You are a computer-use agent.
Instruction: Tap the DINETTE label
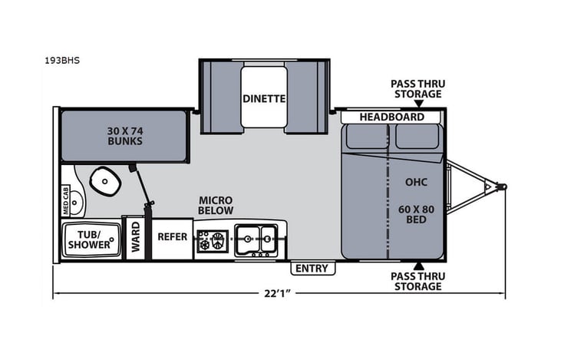pos(264,98)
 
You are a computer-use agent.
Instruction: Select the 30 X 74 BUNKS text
pos(124,135)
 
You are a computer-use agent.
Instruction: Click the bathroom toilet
pos(104,181)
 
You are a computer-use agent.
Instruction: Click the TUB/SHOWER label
pos(89,239)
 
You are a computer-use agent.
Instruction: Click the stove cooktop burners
pos(213,239)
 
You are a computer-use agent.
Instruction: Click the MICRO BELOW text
pos(215,205)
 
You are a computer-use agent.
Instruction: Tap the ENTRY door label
pos(312,269)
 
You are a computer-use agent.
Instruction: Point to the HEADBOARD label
pos(393,117)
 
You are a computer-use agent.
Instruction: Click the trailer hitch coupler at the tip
pos(500,186)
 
